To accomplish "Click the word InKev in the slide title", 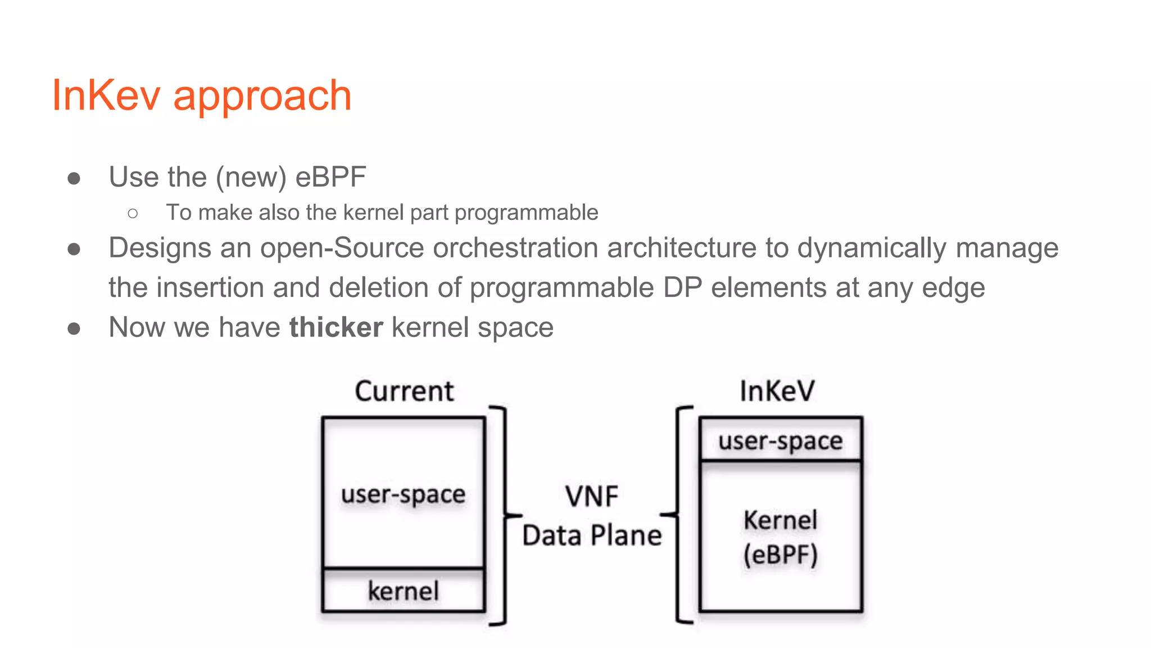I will point(106,95).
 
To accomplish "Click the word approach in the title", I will point(262,97).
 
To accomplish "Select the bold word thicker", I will point(336,327).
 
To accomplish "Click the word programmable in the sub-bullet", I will point(526,213).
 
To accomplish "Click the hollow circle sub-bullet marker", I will point(133,213).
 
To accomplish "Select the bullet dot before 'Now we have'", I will point(74,328).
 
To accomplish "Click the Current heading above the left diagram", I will point(404,391).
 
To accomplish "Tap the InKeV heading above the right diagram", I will point(777,391).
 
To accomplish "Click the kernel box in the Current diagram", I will point(404,591).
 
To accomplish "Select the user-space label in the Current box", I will point(403,494).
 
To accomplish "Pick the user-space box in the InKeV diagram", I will point(780,440).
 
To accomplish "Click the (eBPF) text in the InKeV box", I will point(780,555).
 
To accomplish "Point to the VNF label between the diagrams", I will point(591,497).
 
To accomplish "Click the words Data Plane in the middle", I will point(592,535).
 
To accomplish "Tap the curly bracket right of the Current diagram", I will point(505,515).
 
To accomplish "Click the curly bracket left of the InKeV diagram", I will point(678,515).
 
